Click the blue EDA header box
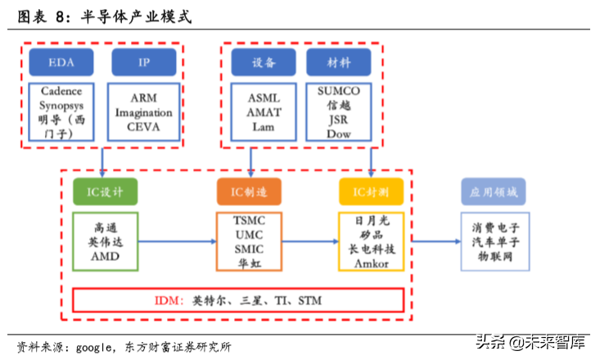[x=61, y=61]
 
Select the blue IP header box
[x=143, y=61]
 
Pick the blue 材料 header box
[x=338, y=61]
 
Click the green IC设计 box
[x=105, y=191]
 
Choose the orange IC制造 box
[x=250, y=191]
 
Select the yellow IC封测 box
[x=371, y=191]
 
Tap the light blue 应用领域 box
[x=494, y=191]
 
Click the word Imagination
[x=144, y=112]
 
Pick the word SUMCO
[x=339, y=91]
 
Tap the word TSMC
[x=250, y=221]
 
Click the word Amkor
[x=371, y=263]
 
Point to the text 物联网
[x=494, y=257]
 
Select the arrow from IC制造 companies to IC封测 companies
[x=311, y=241]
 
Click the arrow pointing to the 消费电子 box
[x=434, y=241]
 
